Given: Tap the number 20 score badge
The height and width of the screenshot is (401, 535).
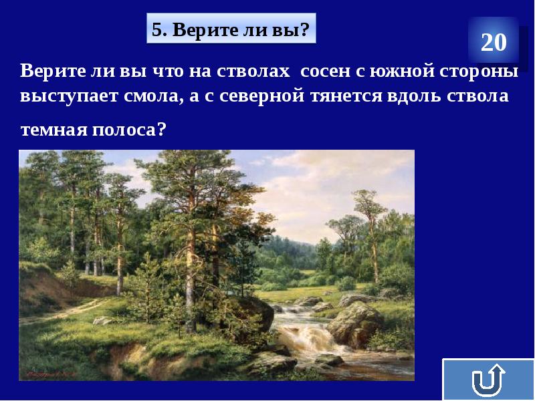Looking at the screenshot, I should point(494,43).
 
